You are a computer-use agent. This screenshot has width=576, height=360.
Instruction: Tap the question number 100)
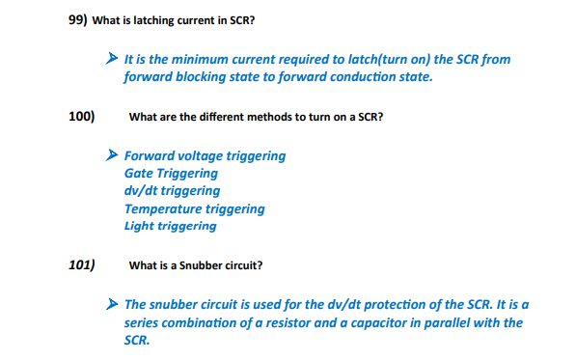click(81, 116)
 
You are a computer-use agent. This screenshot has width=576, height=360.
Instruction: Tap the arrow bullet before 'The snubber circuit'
click(112, 304)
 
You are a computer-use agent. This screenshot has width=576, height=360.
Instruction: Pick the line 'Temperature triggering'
click(194, 208)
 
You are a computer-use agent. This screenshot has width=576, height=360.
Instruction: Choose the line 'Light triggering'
click(170, 226)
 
